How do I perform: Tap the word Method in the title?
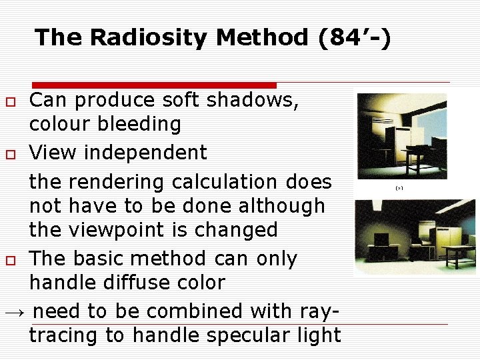point(264,37)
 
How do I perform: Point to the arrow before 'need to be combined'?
point(15,312)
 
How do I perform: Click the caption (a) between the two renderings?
point(399,189)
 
